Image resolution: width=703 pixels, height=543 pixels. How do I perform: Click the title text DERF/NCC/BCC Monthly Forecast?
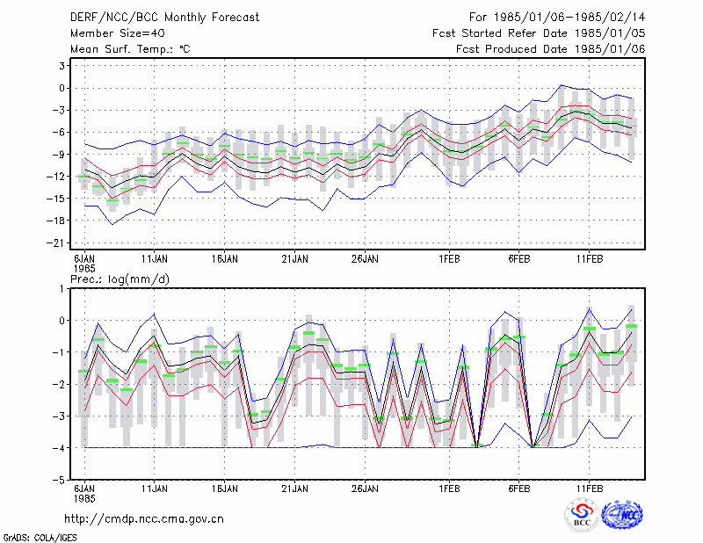point(164,18)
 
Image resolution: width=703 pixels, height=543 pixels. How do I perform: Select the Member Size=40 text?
point(118,33)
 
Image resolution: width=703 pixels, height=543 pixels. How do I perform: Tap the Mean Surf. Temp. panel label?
point(130,49)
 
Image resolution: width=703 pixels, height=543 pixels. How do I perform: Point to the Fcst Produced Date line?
point(551,49)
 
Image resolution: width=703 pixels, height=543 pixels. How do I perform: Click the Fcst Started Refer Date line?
point(539,33)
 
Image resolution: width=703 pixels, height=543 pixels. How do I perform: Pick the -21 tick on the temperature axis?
point(56,243)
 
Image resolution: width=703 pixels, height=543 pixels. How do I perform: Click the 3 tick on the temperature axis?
point(62,66)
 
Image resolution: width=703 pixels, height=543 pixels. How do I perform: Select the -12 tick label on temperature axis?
point(56,177)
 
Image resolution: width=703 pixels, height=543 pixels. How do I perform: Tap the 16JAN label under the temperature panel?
point(225,259)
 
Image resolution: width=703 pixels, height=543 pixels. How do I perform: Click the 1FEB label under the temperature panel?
point(449,259)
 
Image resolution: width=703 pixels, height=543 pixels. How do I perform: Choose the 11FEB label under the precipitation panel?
point(590,489)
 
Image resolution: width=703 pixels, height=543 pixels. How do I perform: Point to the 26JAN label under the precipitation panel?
point(365,489)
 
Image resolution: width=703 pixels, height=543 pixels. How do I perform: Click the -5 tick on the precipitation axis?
point(59,480)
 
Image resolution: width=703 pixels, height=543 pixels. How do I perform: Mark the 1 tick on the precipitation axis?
point(62,289)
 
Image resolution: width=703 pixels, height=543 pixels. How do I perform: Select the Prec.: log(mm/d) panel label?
point(120,279)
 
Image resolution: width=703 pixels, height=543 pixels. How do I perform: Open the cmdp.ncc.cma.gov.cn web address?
point(144,519)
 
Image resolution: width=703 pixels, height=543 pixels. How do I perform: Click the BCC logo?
point(582,515)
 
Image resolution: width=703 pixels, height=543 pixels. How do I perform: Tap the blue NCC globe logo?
point(622,515)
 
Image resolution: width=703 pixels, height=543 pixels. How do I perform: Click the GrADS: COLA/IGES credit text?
point(40,538)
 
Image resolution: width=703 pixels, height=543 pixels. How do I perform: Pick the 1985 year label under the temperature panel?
point(84,269)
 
